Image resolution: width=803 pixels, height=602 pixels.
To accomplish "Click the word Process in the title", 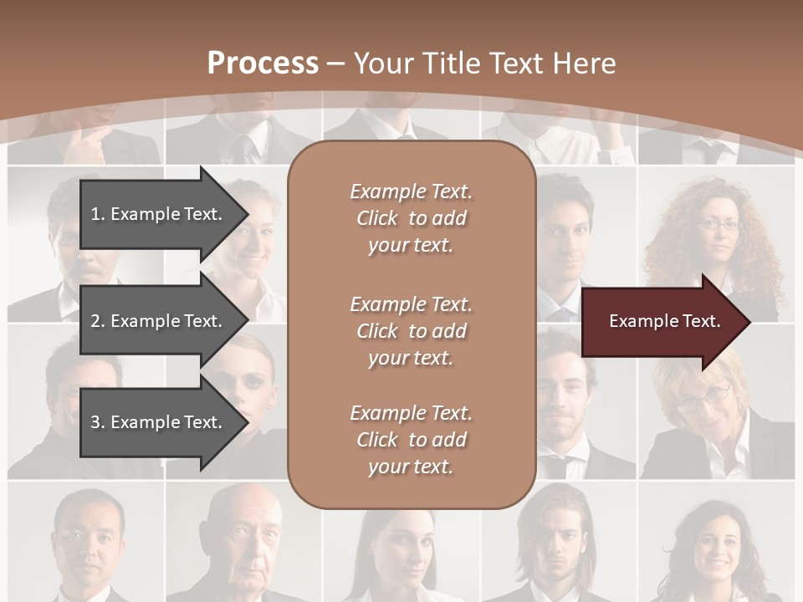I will coord(263,64).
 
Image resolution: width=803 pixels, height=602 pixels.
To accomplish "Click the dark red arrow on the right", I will coord(661,322).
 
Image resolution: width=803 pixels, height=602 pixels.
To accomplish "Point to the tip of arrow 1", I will coord(248,214).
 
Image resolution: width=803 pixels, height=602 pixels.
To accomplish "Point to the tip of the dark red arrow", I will coord(749,322).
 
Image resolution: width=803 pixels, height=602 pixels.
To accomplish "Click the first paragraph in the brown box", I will coord(411,218).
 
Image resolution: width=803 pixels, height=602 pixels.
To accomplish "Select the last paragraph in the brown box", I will coord(411,440).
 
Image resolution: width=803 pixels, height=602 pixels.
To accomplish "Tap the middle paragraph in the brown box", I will coord(411,331).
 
